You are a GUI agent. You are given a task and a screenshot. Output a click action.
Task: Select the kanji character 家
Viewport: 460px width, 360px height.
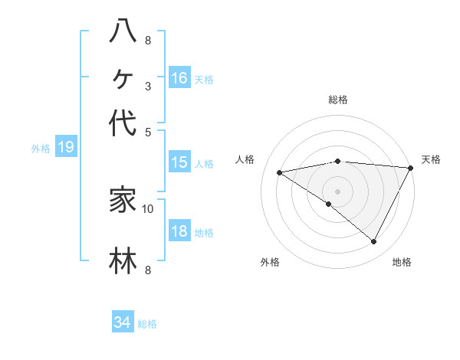point(123,200)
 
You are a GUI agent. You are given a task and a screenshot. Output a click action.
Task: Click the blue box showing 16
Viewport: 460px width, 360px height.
point(179,77)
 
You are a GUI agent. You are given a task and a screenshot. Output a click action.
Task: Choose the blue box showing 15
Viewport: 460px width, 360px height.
point(179,162)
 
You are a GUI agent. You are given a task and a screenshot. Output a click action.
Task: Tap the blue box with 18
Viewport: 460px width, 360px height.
point(179,232)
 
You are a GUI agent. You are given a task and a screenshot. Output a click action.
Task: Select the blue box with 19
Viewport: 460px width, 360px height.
point(66,147)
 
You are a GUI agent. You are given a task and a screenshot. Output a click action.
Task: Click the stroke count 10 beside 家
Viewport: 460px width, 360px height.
point(148,208)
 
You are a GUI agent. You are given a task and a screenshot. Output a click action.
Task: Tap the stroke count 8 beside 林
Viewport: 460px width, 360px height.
point(147,270)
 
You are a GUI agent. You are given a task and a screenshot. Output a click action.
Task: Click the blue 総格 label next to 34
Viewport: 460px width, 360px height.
point(147,324)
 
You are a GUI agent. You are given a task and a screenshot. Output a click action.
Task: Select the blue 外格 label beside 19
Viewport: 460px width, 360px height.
point(41,149)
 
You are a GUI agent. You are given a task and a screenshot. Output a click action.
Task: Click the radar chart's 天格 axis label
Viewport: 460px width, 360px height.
point(431,159)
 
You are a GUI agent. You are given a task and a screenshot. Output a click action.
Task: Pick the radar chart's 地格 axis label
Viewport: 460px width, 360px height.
point(402,262)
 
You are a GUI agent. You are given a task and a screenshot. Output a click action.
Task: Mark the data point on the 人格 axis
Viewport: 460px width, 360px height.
point(280,172)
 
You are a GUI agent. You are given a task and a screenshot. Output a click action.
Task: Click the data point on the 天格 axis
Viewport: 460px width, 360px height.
point(411,168)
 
